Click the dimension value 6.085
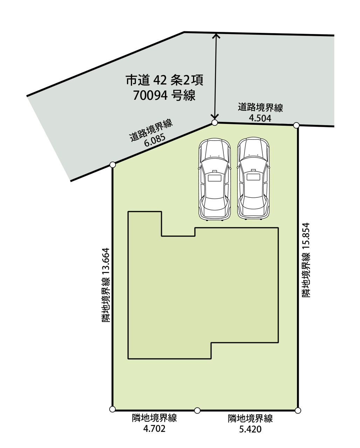(155, 140)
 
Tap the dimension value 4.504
(260, 118)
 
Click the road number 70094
(150, 96)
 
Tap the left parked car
(215, 179)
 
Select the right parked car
(253, 178)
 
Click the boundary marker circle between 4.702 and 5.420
(197, 411)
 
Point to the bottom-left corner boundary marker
(112, 409)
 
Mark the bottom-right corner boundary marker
(298, 411)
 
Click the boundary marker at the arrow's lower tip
(215, 123)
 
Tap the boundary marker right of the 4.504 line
(296, 125)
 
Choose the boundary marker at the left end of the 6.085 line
(112, 165)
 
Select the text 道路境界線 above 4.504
(261, 107)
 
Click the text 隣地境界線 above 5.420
(250, 419)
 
